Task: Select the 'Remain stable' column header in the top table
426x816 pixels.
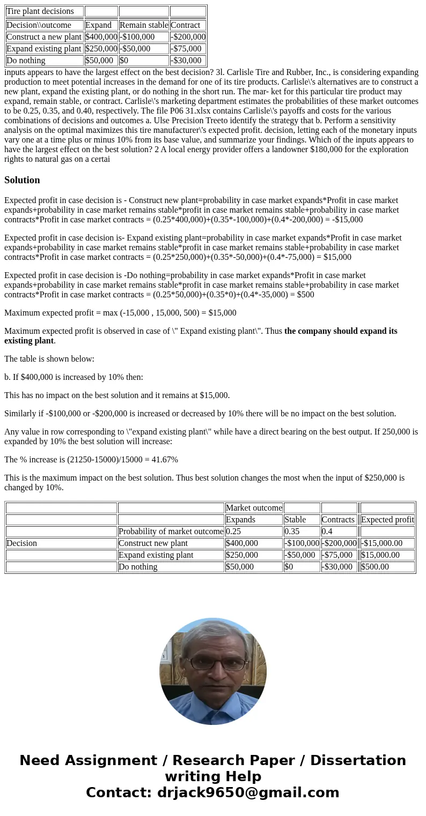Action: click(143, 25)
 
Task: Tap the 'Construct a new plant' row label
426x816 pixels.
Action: click(44, 37)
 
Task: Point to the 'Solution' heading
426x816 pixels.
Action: click(22, 180)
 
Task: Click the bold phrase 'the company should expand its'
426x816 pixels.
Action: click(341, 331)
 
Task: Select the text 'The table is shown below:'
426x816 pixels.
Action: click(49, 359)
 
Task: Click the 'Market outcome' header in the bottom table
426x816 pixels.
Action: click(254, 508)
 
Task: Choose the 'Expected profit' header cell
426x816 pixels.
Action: click(387, 520)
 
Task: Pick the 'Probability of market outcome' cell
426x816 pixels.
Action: click(171, 531)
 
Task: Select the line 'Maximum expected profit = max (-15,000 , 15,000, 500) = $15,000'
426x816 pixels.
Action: click(120, 313)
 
